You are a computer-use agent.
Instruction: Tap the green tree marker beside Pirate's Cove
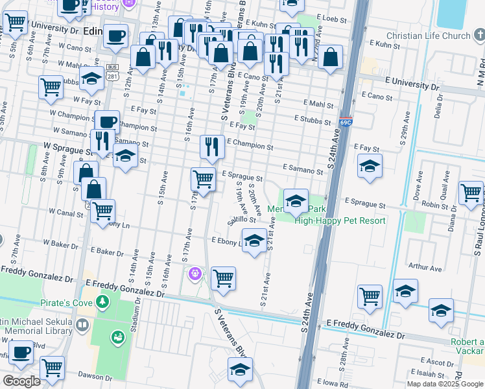pyautogui.click(x=101, y=303)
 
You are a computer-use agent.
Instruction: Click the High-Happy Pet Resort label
pyautogui.click(x=340, y=220)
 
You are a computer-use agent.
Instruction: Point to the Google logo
pyautogui.click(x=21, y=381)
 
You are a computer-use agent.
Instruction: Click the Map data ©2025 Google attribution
pyautogui.click(x=444, y=384)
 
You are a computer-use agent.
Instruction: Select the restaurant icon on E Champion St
pyautogui.click(x=212, y=147)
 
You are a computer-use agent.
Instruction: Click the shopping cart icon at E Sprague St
pyautogui.click(x=204, y=178)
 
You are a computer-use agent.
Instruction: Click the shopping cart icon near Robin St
pyautogui.click(x=470, y=192)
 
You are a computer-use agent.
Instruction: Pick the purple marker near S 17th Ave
pyautogui.click(x=194, y=275)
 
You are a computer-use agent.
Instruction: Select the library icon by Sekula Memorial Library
pyautogui.click(x=82, y=325)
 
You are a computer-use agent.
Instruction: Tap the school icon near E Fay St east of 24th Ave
pyautogui.click(x=370, y=167)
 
